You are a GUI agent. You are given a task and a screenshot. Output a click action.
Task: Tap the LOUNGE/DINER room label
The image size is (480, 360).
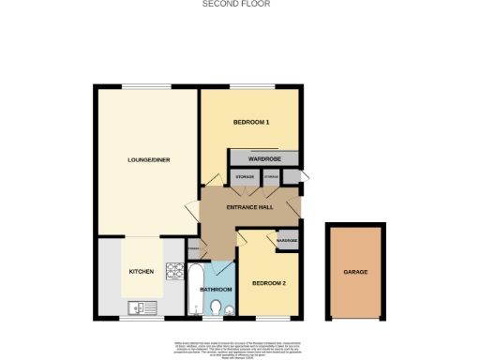pyautogui.click(x=146, y=159)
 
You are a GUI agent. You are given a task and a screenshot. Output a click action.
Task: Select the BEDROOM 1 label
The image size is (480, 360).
pyautogui.click(x=251, y=123)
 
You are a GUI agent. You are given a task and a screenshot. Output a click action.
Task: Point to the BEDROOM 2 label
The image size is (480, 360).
pyautogui.click(x=269, y=281)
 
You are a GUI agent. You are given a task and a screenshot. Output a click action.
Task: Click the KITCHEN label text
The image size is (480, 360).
pyautogui.click(x=141, y=271)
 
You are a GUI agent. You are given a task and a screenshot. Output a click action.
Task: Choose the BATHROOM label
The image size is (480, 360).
pyautogui.click(x=216, y=290)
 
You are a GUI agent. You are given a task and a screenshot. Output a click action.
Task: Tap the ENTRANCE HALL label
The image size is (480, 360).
pyautogui.click(x=249, y=207)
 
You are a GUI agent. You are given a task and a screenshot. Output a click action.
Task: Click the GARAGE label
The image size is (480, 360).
pyautogui.click(x=354, y=272)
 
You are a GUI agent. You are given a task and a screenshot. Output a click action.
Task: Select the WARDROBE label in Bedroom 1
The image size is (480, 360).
pyautogui.click(x=264, y=160)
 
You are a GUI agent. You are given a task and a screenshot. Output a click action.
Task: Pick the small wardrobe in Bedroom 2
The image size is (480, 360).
pyautogui.click(x=287, y=241)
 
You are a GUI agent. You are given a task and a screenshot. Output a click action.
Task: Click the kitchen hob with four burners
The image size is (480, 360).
pyautogui.click(x=174, y=272)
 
